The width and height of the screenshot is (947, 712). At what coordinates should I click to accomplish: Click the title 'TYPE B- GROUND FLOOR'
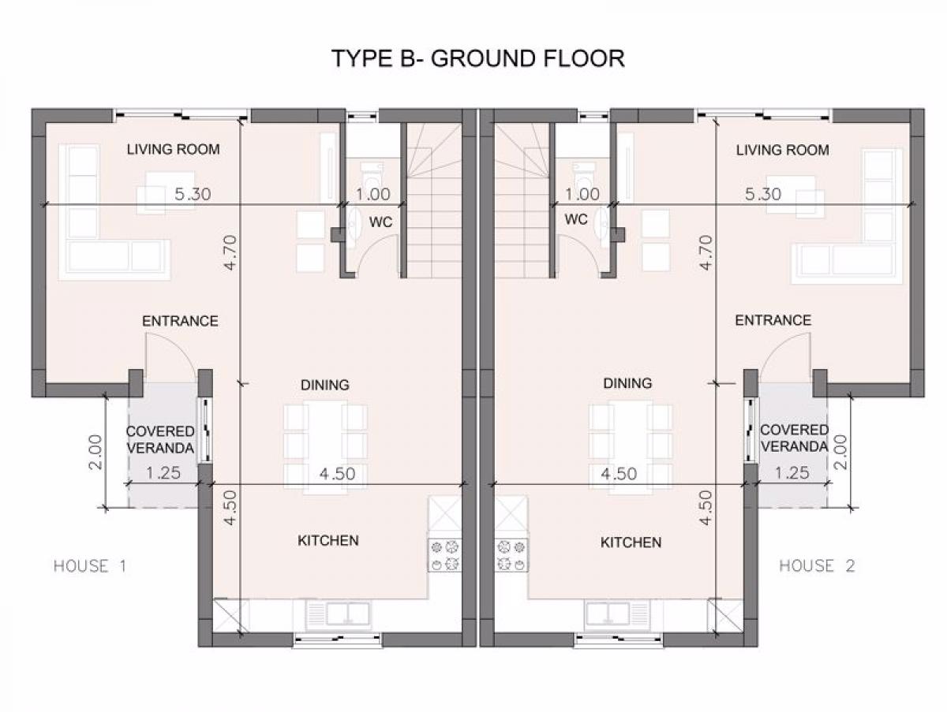pyautogui.click(x=478, y=58)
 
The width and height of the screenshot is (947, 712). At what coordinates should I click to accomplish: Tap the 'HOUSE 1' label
pyautogui.click(x=90, y=566)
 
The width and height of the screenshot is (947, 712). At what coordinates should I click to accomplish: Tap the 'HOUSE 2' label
pyautogui.click(x=817, y=566)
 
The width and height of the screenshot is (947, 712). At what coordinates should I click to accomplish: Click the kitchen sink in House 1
pyautogui.click(x=339, y=613)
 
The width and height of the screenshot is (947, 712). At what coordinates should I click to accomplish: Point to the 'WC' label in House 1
pyautogui.click(x=380, y=222)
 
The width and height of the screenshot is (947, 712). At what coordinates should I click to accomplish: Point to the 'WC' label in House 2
pyautogui.click(x=576, y=219)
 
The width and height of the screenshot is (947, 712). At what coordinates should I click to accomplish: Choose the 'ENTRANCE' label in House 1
pyautogui.click(x=181, y=321)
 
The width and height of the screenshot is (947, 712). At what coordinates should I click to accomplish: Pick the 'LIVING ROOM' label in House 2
pyautogui.click(x=783, y=150)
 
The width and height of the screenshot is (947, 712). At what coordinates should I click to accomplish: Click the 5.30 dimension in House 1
pyautogui.click(x=193, y=195)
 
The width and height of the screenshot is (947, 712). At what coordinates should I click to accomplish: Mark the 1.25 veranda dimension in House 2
pyautogui.click(x=792, y=473)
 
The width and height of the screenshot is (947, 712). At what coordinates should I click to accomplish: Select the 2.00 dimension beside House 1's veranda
pyautogui.click(x=96, y=452)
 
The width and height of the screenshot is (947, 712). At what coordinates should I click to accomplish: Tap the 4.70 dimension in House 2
pyautogui.click(x=706, y=252)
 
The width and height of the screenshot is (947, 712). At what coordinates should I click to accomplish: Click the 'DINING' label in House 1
pyautogui.click(x=325, y=385)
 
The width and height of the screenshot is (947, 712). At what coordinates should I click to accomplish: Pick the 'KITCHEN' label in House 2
pyautogui.click(x=631, y=542)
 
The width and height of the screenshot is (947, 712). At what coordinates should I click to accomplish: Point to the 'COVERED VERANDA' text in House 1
pyautogui.click(x=160, y=440)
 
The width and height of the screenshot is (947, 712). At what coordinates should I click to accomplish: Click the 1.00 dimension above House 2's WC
pyautogui.click(x=582, y=195)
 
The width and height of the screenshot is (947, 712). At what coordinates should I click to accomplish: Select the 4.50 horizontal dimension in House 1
pyautogui.click(x=338, y=474)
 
